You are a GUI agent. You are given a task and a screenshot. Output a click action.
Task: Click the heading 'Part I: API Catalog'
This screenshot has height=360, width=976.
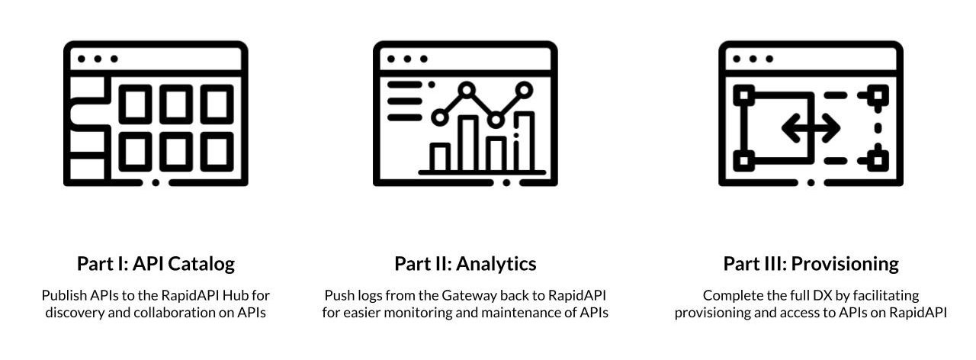pyautogui.click(x=156, y=264)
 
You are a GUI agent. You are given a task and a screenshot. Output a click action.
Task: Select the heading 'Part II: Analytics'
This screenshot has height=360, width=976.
pyautogui.click(x=465, y=264)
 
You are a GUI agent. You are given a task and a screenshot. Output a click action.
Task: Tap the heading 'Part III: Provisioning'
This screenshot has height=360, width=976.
pyautogui.click(x=811, y=264)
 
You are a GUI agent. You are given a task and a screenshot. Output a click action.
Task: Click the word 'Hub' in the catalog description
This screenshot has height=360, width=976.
pyautogui.click(x=235, y=295)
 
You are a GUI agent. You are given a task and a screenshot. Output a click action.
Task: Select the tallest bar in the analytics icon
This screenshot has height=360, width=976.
pyautogui.click(x=524, y=141)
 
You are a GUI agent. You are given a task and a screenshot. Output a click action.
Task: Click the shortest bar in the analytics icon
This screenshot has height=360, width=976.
pyautogui.click(x=440, y=156)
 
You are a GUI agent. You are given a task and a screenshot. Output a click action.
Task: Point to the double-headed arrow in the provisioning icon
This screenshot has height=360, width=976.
pyautogui.click(x=811, y=128)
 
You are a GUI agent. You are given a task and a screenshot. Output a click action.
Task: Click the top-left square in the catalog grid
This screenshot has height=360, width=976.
pyautogui.click(x=135, y=104)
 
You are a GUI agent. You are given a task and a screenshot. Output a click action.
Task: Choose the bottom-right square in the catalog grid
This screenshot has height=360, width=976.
pyautogui.click(x=217, y=152)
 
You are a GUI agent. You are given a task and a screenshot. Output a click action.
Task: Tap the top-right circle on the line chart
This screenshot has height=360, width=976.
pyautogui.click(x=524, y=90)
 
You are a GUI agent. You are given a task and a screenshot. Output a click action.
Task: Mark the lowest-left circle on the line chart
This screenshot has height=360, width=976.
pyautogui.click(x=440, y=117)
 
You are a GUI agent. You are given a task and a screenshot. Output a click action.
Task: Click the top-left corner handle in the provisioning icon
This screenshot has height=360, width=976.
pyautogui.click(x=744, y=95)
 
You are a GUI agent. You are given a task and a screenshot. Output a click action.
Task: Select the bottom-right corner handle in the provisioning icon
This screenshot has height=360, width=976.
pyautogui.click(x=878, y=161)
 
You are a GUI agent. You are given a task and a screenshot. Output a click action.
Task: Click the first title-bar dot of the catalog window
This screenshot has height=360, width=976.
pyautogui.click(x=81, y=59)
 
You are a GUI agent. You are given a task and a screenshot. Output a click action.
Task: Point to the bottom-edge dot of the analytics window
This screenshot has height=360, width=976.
pyautogui.click(x=506, y=182)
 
